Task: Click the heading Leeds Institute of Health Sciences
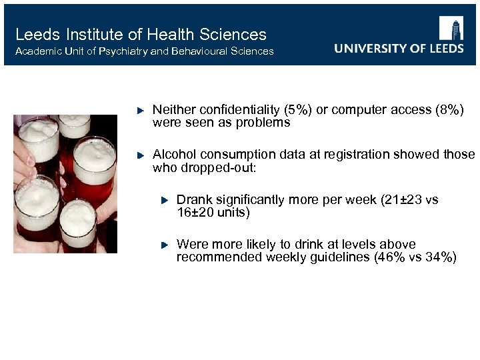click(141, 35)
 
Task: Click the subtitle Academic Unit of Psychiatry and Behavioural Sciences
click(144, 51)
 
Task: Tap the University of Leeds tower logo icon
click(451, 29)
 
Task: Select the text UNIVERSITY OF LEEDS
click(399, 49)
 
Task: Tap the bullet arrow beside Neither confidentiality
click(140, 109)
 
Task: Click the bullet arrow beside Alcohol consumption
click(140, 155)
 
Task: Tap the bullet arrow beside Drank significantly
click(164, 200)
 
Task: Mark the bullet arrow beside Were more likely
click(164, 245)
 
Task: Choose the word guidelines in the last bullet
click(333, 258)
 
